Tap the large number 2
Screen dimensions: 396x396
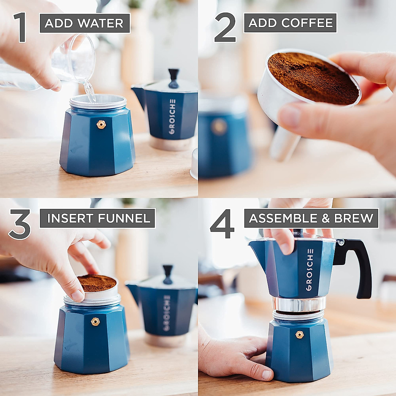(225, 28)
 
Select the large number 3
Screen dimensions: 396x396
(20, 224)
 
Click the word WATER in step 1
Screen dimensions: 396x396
(101, 23)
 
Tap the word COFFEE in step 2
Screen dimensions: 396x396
(307, 23)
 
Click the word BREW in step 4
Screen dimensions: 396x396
(353, 218)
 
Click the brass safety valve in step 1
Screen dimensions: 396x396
(101, 124)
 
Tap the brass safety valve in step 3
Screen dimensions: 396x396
(95, 321)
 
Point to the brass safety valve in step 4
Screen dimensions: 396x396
(300, 335)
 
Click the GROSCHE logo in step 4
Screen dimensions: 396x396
(310, 270)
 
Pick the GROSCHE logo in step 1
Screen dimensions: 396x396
(172, 116)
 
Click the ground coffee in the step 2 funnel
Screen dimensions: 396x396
(312, 78)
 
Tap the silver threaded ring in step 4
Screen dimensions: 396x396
(299, 304)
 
